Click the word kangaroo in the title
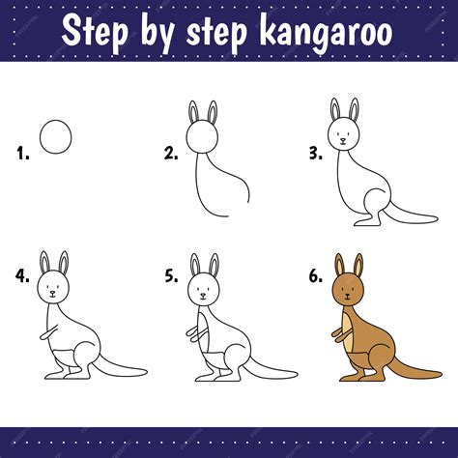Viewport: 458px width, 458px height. tap(326, 33)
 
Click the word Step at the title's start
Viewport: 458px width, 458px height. tap(95, 33)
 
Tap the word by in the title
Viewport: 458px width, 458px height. tap(157, 34)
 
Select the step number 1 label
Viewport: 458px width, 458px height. tap(23, 154)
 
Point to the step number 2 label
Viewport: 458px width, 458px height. tap(171, 154)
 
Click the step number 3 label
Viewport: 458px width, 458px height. tap(316, 154)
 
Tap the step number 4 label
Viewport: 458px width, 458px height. tap(22, 275)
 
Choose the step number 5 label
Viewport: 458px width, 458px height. tap(171, 276)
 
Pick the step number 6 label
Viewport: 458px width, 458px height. tap(316, 276)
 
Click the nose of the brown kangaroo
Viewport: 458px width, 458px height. tap(347, 296)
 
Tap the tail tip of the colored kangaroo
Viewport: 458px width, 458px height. tap(440, 374)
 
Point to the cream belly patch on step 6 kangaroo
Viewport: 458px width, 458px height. tap(347, 331)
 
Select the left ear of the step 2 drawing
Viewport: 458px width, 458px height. tap(192, 112)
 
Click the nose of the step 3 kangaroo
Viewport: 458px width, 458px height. tap(343, 140)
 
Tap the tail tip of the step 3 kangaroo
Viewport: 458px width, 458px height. tap(436, 218)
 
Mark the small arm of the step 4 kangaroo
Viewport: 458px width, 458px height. tap(48, 332)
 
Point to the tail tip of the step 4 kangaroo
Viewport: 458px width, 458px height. tap(145, 372)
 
